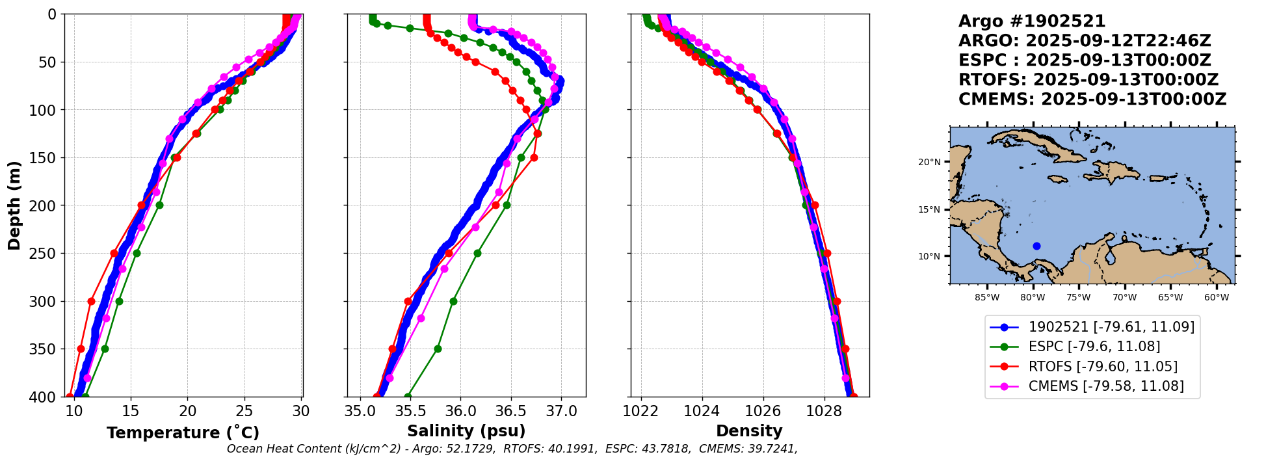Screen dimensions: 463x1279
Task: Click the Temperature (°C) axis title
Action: [183, 432]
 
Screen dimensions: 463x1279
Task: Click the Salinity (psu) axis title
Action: [466, 431]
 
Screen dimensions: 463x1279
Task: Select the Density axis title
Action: [749, 431]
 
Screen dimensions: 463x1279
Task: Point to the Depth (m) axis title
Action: [14, 205]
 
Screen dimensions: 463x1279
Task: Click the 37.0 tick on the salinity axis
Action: [561, 412]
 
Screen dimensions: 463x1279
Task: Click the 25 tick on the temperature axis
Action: [244, 412]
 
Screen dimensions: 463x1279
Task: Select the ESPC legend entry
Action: [1094, 347]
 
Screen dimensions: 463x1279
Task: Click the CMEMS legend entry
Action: [1105, 386]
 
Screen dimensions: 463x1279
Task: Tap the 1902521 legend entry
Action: [1111, 327]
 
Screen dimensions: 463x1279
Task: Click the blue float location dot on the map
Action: [1036, 246]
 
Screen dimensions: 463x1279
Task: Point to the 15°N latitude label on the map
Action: [929, 209]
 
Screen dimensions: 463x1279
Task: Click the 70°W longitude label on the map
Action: [1124, 298]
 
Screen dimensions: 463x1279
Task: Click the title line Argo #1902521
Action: [1032, 21]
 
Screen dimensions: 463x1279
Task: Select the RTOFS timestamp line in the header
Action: [1088, 80]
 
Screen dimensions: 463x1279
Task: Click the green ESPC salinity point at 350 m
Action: [438, 349]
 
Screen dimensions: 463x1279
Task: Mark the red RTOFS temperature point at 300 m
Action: [91, 301]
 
